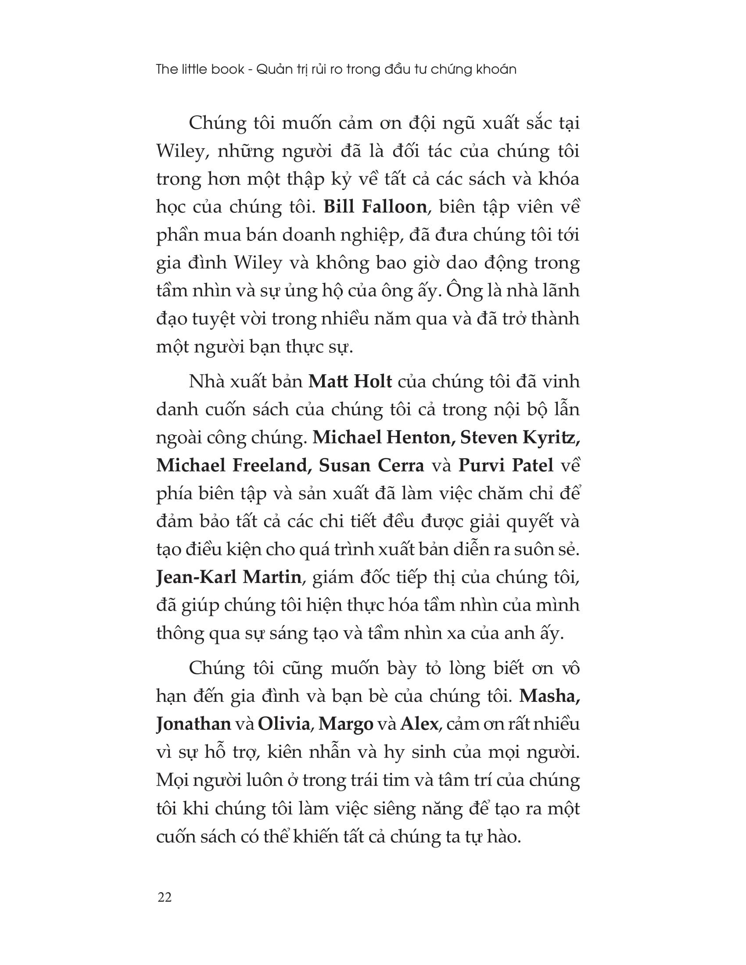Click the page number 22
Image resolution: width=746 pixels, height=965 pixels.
(x=164, y=897)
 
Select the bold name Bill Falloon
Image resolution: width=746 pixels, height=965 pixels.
(x=375, y=207)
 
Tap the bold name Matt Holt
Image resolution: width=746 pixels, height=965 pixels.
(x=350, y=381)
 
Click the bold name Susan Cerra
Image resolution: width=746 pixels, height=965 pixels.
(x=371, y=465)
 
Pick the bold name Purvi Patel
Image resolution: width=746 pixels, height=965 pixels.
(x=506, y=465)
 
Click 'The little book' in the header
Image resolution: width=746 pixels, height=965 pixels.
(x=200, y=69)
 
